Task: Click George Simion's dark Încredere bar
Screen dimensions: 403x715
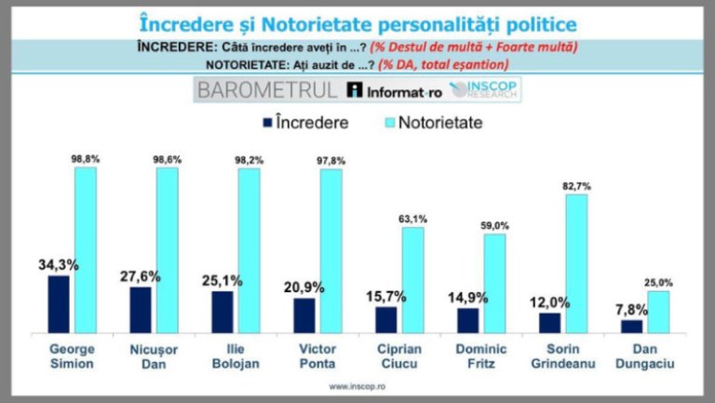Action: (58, 303)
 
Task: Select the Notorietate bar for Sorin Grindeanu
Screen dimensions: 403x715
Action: (577, 262)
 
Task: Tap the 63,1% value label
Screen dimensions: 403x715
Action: (413, 220)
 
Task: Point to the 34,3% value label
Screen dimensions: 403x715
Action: (58, 265)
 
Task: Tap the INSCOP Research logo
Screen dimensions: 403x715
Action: (485, 90)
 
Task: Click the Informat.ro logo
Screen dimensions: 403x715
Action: (395, 91)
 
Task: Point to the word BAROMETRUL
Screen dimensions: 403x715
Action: (267, 90)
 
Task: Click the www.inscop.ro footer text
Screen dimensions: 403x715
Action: (357, 385)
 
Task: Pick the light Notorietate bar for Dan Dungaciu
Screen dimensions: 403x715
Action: (659, 312)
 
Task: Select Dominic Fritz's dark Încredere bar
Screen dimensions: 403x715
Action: (468, 319)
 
